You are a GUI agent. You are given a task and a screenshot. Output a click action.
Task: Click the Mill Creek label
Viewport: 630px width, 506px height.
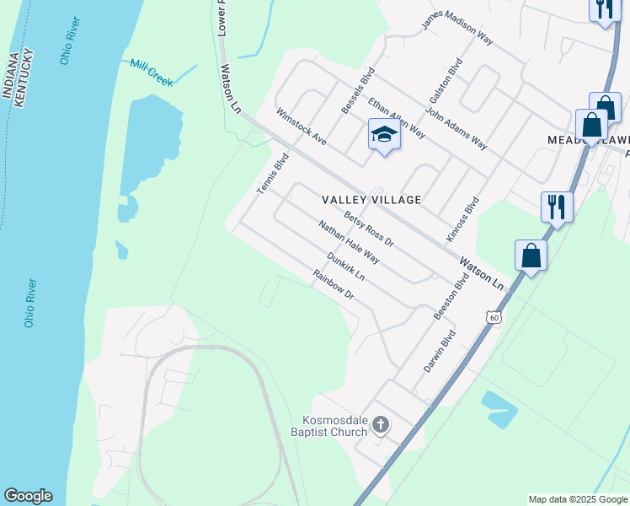tap(152, 73)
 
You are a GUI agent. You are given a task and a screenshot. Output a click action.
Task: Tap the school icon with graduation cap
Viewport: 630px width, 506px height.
tap(383, 135)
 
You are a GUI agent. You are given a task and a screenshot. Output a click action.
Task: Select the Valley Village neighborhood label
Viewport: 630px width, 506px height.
tap(371, 200)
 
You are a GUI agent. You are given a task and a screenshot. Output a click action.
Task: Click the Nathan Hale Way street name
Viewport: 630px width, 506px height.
tap(348, 242)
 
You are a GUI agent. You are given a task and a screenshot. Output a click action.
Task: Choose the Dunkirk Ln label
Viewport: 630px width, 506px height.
tap(345, 266)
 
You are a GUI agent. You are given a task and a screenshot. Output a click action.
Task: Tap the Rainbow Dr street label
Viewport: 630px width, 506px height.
tap(334, 286)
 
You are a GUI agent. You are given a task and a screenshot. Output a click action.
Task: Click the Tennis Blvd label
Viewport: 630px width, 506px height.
tap(273, 173)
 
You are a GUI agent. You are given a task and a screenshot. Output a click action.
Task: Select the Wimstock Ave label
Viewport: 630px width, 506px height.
tap(301, 125)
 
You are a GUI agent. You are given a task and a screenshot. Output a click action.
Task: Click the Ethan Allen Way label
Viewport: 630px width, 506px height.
tap(396, 117)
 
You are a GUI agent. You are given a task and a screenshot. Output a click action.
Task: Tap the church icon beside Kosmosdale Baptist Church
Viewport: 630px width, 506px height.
tap(381, 424)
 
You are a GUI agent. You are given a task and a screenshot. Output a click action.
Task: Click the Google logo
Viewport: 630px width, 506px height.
tap(28, 496)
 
